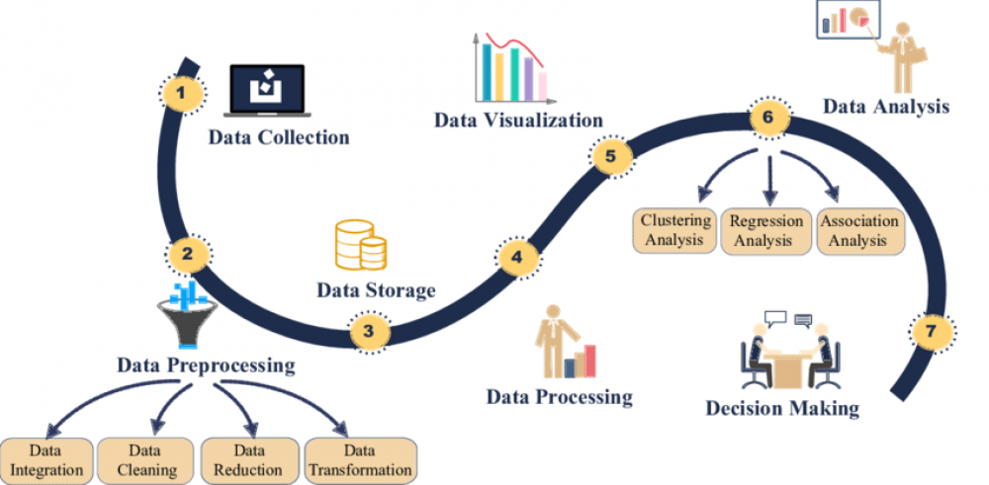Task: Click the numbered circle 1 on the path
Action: click(182, 94)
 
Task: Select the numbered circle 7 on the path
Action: click(933, 331)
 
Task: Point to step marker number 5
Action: click(610, 156)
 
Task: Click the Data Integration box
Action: click(47, 461)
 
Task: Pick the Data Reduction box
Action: click(248, 461)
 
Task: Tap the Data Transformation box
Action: click(361, 461)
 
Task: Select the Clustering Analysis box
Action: click(674, 230)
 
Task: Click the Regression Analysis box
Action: click(765, 231)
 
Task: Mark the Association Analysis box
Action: click(859, 231)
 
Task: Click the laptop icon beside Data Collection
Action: click(267, 90)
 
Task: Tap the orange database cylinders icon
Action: click(361, 245)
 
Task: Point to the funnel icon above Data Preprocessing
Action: click(186, 314)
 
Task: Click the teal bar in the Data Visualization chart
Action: click(487, 72)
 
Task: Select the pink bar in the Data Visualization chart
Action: click(542, 86)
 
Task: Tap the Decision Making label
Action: click(782, 408)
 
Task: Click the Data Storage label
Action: click(376, 290)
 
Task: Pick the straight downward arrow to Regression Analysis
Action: click(769, 178)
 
